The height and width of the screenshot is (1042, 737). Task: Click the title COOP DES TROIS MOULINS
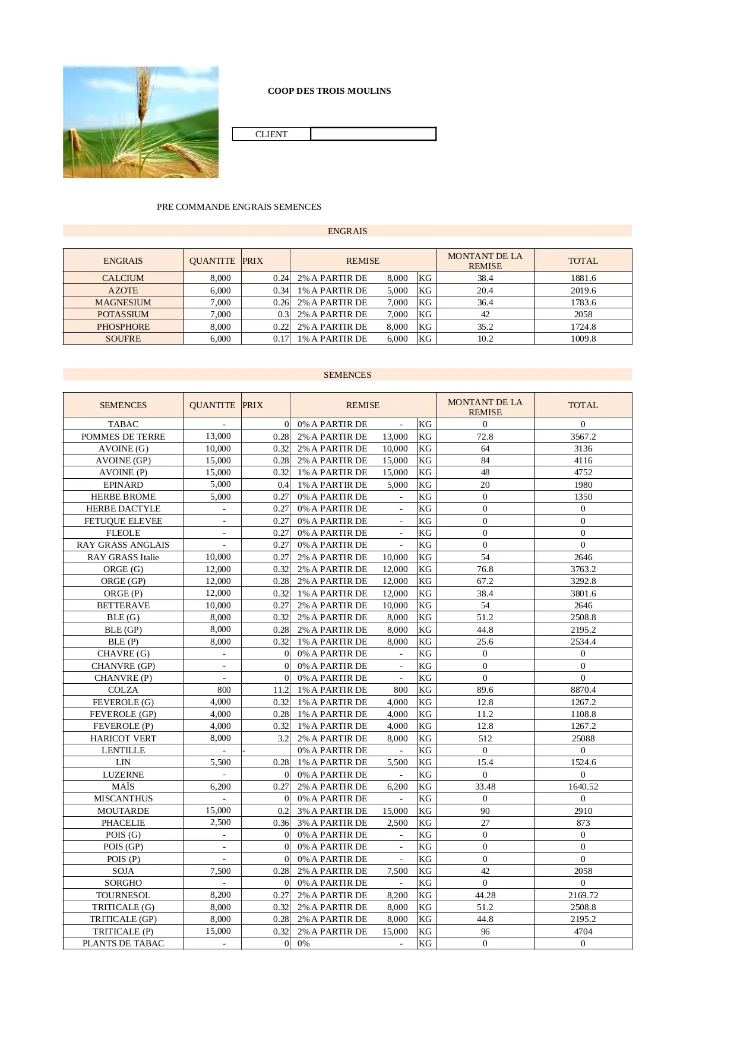(329, 91)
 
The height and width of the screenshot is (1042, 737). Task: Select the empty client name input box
(373, 134)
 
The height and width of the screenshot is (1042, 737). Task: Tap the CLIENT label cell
(271, 134)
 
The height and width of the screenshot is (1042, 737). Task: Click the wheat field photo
(141, 122)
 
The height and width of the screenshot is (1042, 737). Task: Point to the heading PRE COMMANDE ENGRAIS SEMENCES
(239, 207)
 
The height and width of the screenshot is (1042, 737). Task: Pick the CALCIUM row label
(123, 278)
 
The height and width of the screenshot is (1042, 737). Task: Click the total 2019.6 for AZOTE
(583, 291)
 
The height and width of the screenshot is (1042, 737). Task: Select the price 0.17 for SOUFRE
(281, 339)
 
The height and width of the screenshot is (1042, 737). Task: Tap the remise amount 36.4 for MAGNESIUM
(485, 302)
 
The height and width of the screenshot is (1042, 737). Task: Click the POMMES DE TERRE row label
(123, 437)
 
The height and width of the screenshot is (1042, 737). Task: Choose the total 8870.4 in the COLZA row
(583, 690)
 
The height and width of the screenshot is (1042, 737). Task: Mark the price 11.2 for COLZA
(280, 690)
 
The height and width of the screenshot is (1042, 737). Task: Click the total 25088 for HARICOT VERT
(583, 738)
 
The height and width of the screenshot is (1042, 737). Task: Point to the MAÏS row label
(123, 787)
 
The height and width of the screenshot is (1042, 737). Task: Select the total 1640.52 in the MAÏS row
(583, 787)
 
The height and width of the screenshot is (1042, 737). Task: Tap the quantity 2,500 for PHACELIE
(220, 823)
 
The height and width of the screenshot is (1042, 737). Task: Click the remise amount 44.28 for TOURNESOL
(485, 895)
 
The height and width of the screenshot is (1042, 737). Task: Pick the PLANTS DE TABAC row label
(123, 943)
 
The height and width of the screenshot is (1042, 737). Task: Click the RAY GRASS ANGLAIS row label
(123, 545)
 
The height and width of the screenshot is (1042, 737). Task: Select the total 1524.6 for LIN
(583, 762)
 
